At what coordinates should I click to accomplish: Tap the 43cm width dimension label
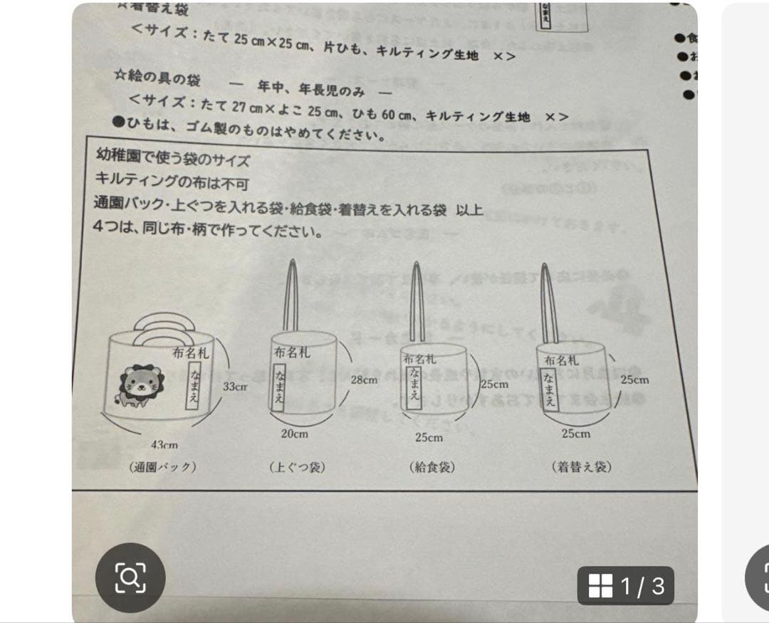(164, 444)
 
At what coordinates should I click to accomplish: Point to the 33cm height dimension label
(235, 387)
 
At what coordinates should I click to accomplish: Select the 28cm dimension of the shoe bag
(364, 379)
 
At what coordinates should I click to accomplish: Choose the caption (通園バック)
(163, 467)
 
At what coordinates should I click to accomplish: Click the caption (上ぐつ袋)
(298, 467)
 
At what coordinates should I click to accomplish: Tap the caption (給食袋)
(432, 467)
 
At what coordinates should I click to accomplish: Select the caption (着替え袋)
(582, 467)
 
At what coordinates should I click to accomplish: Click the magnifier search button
(130, 577)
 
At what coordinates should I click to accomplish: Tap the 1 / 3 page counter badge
(627, 585)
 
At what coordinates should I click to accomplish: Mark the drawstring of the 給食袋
(417, 299)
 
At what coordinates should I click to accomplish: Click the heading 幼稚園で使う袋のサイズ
(172, 159)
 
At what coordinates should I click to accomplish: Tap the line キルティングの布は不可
(172, 182)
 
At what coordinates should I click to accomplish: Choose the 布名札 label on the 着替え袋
(562, 360)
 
